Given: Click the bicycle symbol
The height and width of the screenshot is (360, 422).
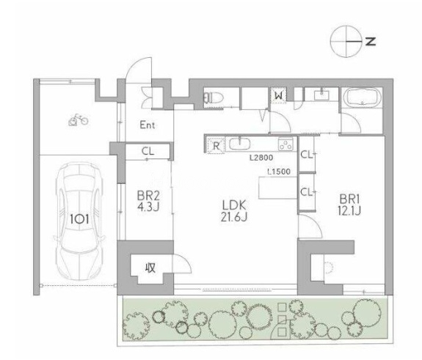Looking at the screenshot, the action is pos(78,120).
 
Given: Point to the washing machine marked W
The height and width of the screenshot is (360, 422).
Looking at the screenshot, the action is pos(279,95).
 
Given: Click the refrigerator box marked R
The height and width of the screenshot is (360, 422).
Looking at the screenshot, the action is pos(216,146).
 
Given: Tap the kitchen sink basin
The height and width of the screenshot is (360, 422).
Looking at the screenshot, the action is pos(239,143).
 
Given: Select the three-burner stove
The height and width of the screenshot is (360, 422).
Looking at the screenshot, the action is pos(285,144).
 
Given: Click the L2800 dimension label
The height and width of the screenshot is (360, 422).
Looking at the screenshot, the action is pos(261,158).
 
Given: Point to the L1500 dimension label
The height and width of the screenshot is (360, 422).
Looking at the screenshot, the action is pos(279,172).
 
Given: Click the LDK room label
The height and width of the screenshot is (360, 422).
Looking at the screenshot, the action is pos(234,205).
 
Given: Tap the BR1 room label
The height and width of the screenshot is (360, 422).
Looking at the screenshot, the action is pos(349,199).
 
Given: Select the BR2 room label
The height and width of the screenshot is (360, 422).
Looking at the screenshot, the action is pos(148,196).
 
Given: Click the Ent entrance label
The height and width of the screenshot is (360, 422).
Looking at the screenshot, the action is pos(148,125).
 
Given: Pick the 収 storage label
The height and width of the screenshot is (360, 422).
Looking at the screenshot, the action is pos(150,267).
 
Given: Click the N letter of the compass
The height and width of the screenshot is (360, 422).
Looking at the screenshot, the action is pos(371,41).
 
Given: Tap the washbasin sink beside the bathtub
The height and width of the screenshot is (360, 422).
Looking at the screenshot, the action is pos(321,95).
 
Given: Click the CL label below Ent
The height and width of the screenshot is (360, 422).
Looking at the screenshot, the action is pos(148,151).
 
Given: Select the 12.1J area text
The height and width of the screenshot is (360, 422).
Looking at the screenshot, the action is pos(349,210).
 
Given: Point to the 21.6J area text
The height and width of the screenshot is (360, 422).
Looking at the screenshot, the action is pos(234,217).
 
